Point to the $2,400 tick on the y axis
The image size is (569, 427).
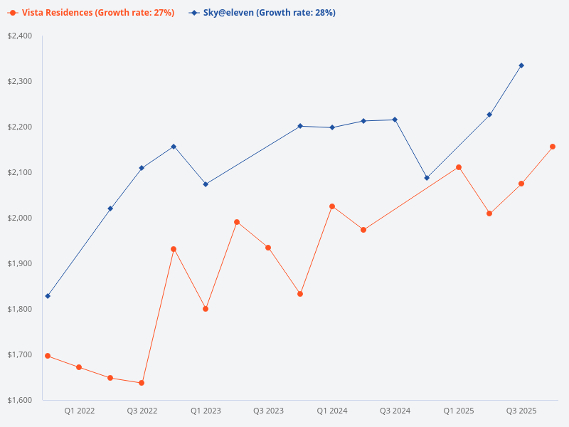click(19, 36)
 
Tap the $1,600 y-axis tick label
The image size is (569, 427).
click(19, 400)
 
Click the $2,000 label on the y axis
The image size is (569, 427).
click(19, 218)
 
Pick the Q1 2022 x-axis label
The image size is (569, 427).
click(79, 411)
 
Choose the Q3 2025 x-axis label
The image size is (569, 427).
click(521, 411)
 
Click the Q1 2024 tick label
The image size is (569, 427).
click(332, 411)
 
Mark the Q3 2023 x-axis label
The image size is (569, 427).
click(268, 411)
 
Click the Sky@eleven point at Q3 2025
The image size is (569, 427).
click(521, 65)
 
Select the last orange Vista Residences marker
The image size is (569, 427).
click(553, 147)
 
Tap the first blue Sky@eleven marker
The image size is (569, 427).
click(48, 296)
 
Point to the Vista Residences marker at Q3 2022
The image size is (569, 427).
click(142, 383)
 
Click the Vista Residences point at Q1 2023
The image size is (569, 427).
click(206, 309)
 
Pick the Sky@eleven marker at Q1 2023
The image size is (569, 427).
click(206, 184)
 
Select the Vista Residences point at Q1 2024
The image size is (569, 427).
click(332, 206)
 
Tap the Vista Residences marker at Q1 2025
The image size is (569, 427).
click(459, 167)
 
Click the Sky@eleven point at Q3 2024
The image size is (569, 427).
click(395, 120)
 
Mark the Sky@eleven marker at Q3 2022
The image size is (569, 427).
click(142, 168)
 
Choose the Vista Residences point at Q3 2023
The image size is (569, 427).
click(268, 248)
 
